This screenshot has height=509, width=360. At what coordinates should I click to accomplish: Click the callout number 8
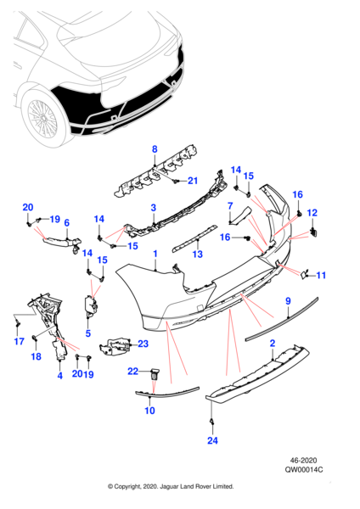[155, 149]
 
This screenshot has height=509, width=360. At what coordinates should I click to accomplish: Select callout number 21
[193, 181]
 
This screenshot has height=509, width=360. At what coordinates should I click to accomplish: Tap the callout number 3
[154, 208]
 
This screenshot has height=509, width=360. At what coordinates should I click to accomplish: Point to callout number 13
[198, 254]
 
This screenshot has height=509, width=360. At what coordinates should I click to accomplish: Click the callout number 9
[288, 301]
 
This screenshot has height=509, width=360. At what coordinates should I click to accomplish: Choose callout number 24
[212, 440]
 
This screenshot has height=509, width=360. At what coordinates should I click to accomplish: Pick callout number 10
[149, 411]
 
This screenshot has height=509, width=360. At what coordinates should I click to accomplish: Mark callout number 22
[133, 371]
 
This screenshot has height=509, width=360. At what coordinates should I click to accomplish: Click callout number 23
[143, 344]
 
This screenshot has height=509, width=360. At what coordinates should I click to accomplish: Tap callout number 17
[20, 341]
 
